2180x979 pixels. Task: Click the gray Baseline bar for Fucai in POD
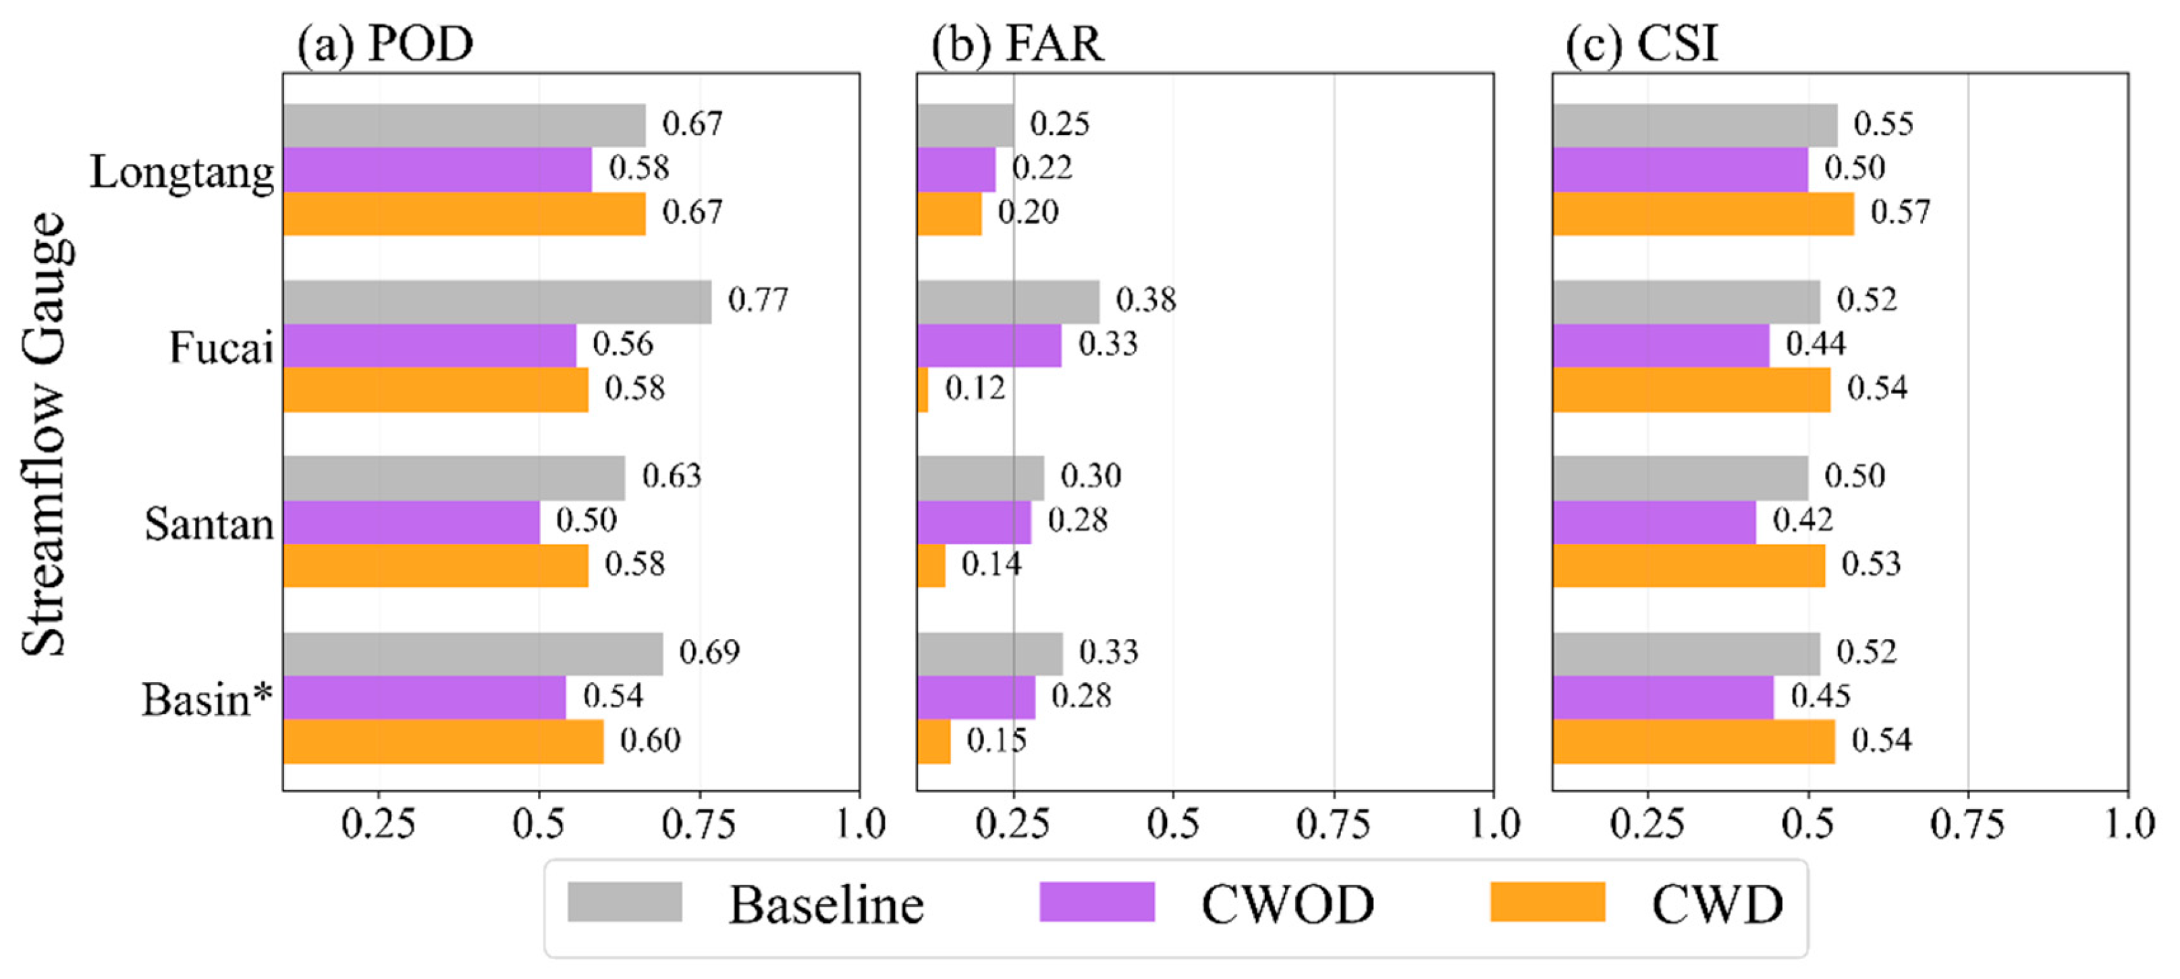pos(497,302)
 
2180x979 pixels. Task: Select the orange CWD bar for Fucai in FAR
pos(923,389)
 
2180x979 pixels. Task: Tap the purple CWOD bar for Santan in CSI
pos(1654,522)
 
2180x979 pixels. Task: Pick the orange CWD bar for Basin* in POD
pos(443,742)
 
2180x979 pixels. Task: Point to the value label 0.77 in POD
pos(757,300)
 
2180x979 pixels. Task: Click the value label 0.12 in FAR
pos(975,389)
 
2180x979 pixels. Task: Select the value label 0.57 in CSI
pos(1900,213)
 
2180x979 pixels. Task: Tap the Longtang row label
pos(182,173)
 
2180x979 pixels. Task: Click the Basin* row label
pos(207,700)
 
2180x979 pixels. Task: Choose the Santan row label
pos(209,525)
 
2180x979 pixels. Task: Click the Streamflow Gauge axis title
pos(44,433)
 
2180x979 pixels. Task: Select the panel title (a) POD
pos(385,44)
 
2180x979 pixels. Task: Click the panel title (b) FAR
pos(1017,44)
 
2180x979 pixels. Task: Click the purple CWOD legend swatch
pos(1097,902)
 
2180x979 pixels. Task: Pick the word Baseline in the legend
pos(826,905)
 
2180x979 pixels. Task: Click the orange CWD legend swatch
pos(1547,902)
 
